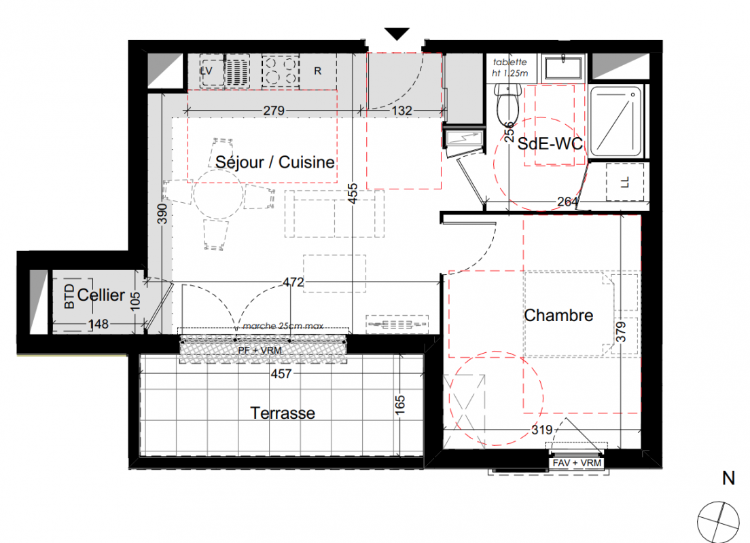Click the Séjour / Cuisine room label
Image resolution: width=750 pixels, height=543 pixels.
pyautogui.click(x=274, y=162)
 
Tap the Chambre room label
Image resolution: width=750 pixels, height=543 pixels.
pyautogui.click(x=558, y=316)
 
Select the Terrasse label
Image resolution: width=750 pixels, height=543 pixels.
pyautogui.click(x=283, y=413)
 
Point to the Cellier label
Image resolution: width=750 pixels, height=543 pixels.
pyautogui.click(x=101, y=295)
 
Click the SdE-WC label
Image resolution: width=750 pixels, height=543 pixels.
pyautogui.click(x=550, y=144)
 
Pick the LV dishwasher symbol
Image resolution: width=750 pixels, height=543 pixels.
pyautogui.click(x=211, y=71)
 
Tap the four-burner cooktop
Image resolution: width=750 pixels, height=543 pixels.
pyautogui.click(x=281, y=71)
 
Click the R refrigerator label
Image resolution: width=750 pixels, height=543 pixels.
pyautogui.click(x=318, y=71)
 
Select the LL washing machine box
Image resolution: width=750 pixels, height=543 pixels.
pyautogui.click(x=625, y=182)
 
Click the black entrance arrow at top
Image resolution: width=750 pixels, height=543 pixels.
pyautogui.click(x=397, y=34)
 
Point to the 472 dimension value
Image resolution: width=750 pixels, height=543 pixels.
pyautogui.click(x=293, y=282)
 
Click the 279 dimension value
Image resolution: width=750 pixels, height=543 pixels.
pyautogui.click(x=274, y=111)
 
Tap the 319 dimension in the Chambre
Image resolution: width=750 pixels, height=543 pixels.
pyautogui.click(x=542, y=430)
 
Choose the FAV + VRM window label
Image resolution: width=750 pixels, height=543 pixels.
pyautogui.click(x=576, y=463)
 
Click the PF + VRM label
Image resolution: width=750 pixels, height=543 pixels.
pyautogui.click(x=260, y=350)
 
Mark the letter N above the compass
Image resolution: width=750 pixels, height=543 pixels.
pyautogui.click(x=728, y=478)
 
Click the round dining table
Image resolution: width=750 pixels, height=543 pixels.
pyautogui.click(x=219, y=194)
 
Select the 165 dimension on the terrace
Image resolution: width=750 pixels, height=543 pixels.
pyautogui.click(x=400, y=405)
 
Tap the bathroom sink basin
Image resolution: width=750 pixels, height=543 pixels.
pyautogui.click(x=564, y=67)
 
